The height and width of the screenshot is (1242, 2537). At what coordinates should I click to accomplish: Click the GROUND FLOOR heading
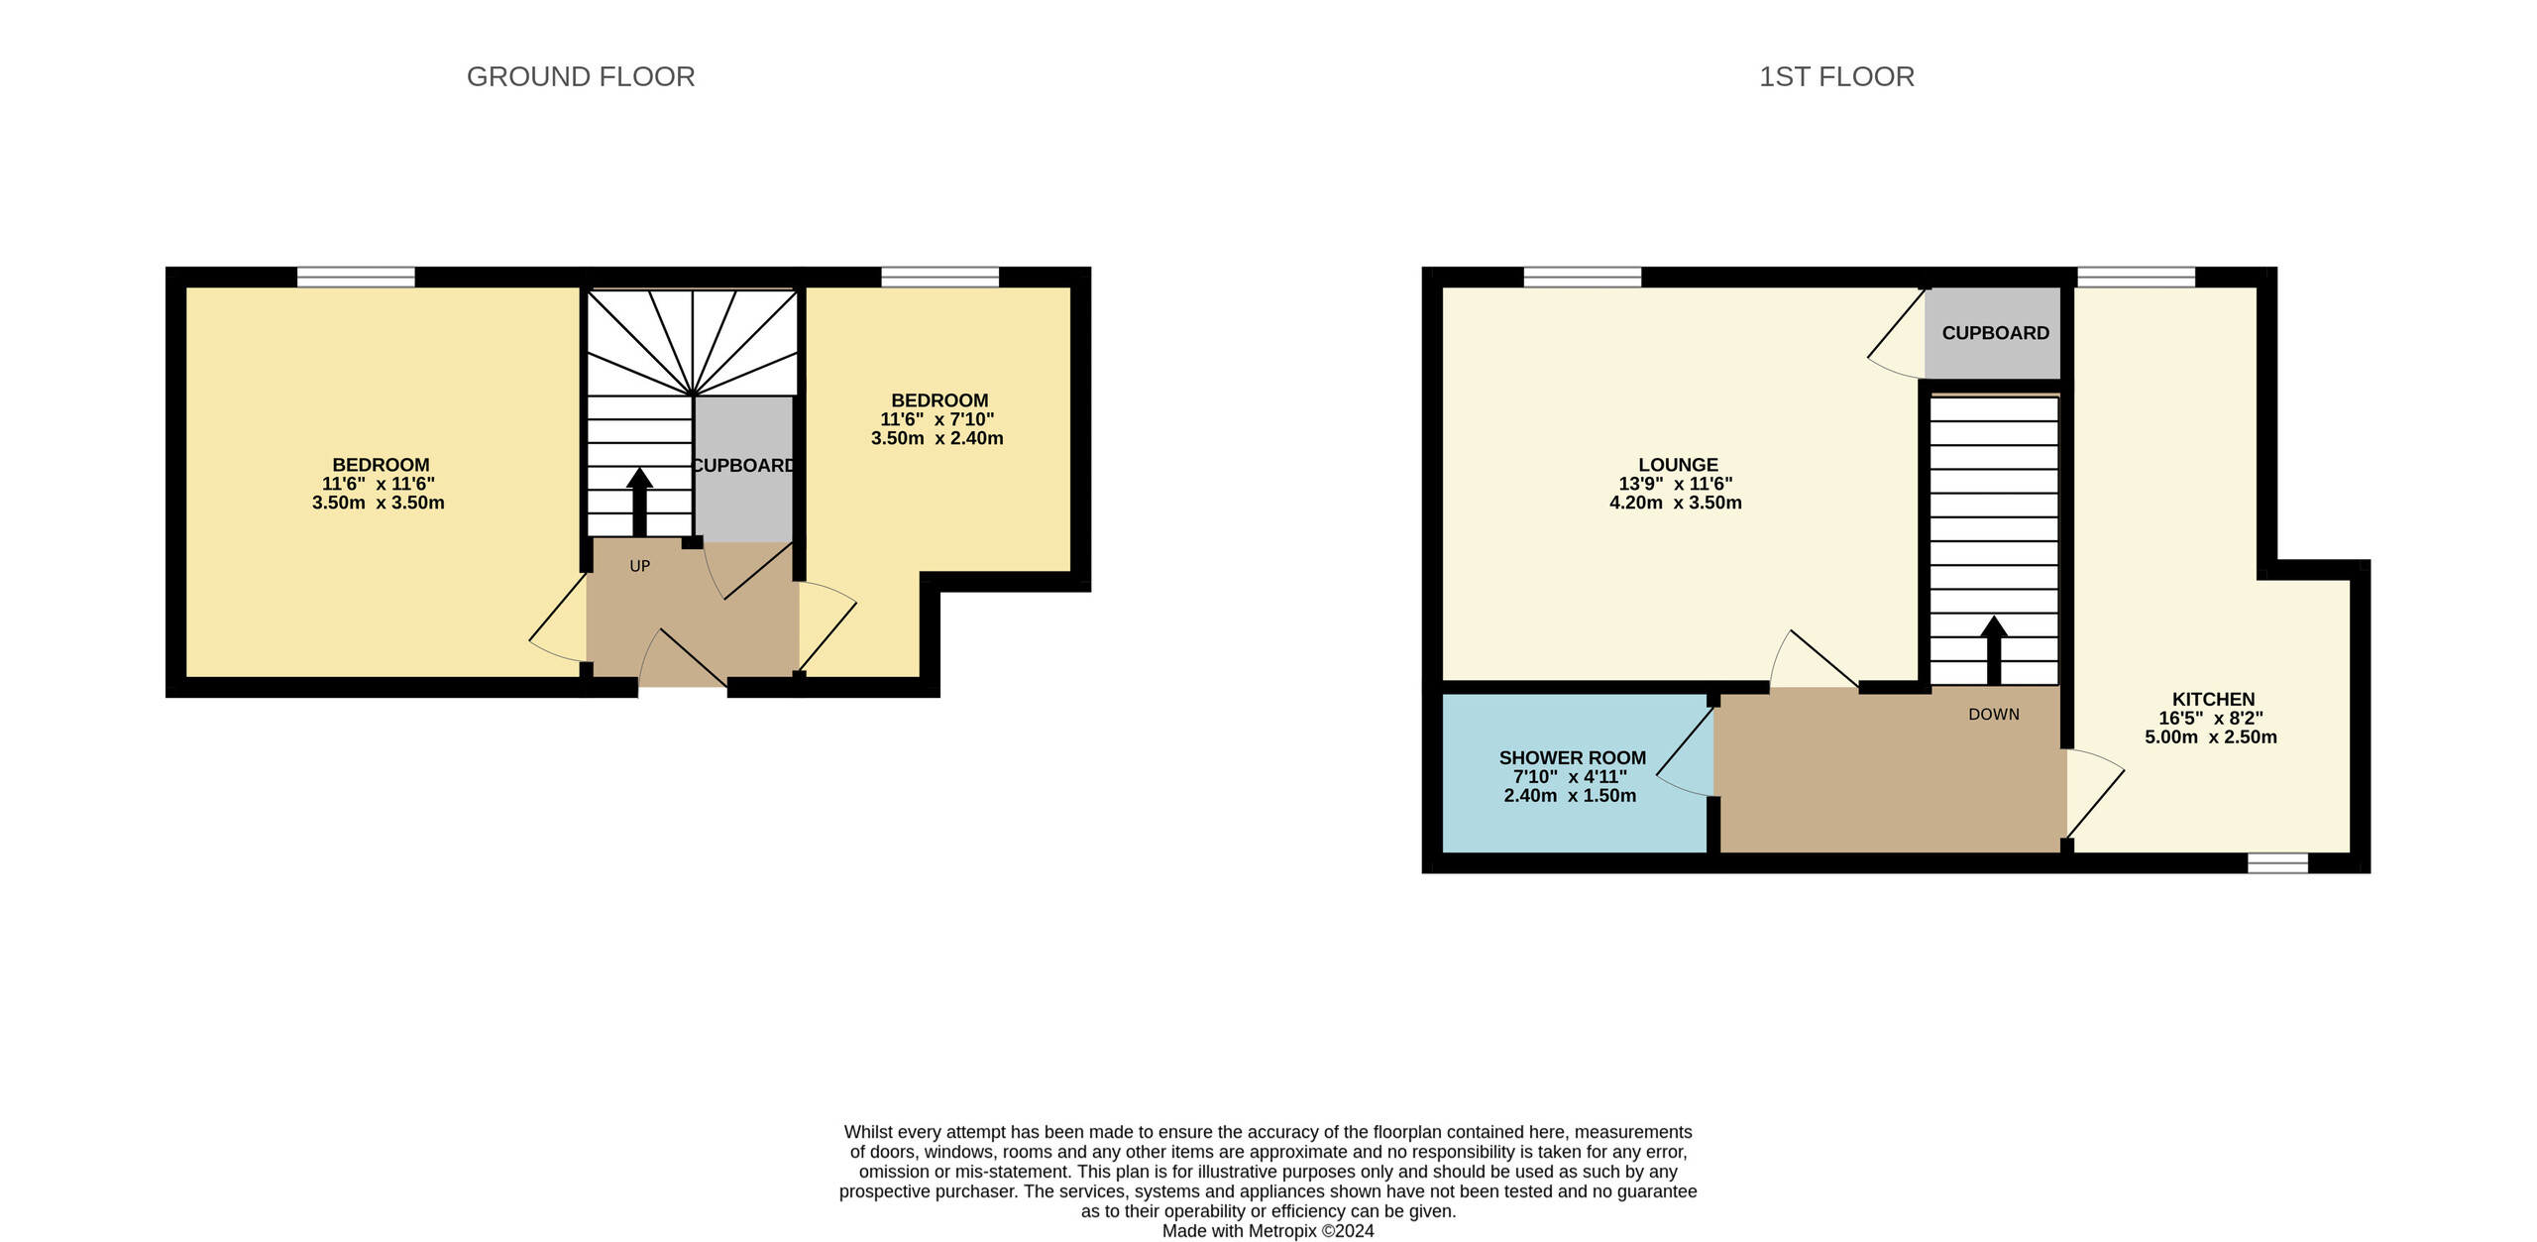581,76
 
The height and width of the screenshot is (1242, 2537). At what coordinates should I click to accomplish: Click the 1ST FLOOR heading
1836,76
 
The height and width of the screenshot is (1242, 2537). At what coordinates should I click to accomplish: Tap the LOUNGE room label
1678,465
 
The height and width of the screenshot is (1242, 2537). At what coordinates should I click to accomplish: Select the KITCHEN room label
2213,700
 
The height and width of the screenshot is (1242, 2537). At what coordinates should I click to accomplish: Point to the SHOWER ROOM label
1573,758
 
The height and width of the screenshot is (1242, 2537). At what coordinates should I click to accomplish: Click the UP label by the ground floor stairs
640,566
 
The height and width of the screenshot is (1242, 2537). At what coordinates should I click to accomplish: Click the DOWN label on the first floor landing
1994,715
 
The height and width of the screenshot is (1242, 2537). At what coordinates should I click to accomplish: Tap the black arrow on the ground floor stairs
639,503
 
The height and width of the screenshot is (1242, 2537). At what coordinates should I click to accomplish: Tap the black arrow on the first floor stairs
1994,650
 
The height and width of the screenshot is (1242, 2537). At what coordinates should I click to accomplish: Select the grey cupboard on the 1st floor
1993,333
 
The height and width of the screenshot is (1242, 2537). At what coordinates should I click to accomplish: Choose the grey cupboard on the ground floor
743,469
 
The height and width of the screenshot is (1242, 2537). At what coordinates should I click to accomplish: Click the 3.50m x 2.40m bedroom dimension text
938,438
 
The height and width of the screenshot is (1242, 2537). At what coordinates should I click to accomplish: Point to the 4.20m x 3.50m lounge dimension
1676,503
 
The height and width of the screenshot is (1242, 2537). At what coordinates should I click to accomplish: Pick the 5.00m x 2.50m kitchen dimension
2211,737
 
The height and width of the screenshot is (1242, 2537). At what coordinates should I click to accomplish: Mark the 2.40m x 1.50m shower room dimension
1570,796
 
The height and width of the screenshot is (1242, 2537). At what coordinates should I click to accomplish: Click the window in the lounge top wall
1583,277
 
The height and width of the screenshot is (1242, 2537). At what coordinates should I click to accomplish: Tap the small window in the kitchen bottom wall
2277,862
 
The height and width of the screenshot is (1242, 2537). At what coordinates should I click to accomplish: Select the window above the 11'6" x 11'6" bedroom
356,277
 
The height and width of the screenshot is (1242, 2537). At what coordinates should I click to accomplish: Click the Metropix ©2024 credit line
1268,1231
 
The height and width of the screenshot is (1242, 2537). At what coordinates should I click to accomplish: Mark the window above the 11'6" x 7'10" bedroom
940,277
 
